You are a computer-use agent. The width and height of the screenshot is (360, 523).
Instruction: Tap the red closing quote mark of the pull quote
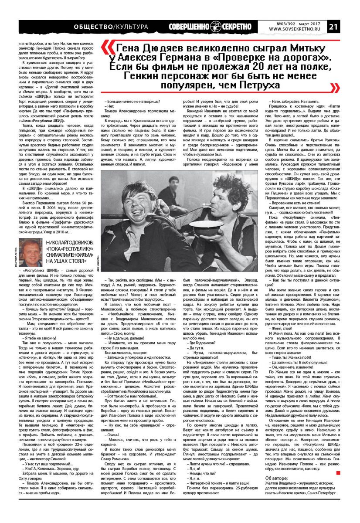(334, 88)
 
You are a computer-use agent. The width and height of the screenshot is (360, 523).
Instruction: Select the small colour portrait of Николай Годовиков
(31, 252)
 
